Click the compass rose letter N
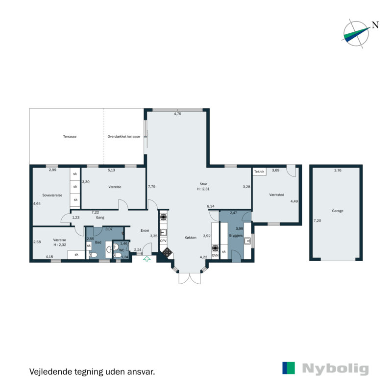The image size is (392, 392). (x=375, y=25)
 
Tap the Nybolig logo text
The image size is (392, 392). (x=335, y=369)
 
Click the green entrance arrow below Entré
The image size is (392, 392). (x=146, y=260)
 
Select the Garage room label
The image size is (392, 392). (x=337, y=211)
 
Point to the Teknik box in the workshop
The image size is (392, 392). (x=259, y=171)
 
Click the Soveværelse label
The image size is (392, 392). (x=52, y=195)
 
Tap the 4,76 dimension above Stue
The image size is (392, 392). (x=177, y=114)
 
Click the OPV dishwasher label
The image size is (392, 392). (x=164, y=241)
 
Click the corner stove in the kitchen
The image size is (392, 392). (x=167, y=252)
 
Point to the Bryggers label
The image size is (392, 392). (x=236, y=236)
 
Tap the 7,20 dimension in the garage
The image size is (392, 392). (x=317, y=221)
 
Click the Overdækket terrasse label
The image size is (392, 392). (x=124, y=137)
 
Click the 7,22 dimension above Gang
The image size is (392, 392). (x=95, y=212)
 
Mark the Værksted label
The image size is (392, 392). (x=277, y=195)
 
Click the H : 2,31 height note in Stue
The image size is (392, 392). (x=203, y=189)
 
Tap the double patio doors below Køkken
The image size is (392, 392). (x=190, y=278)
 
